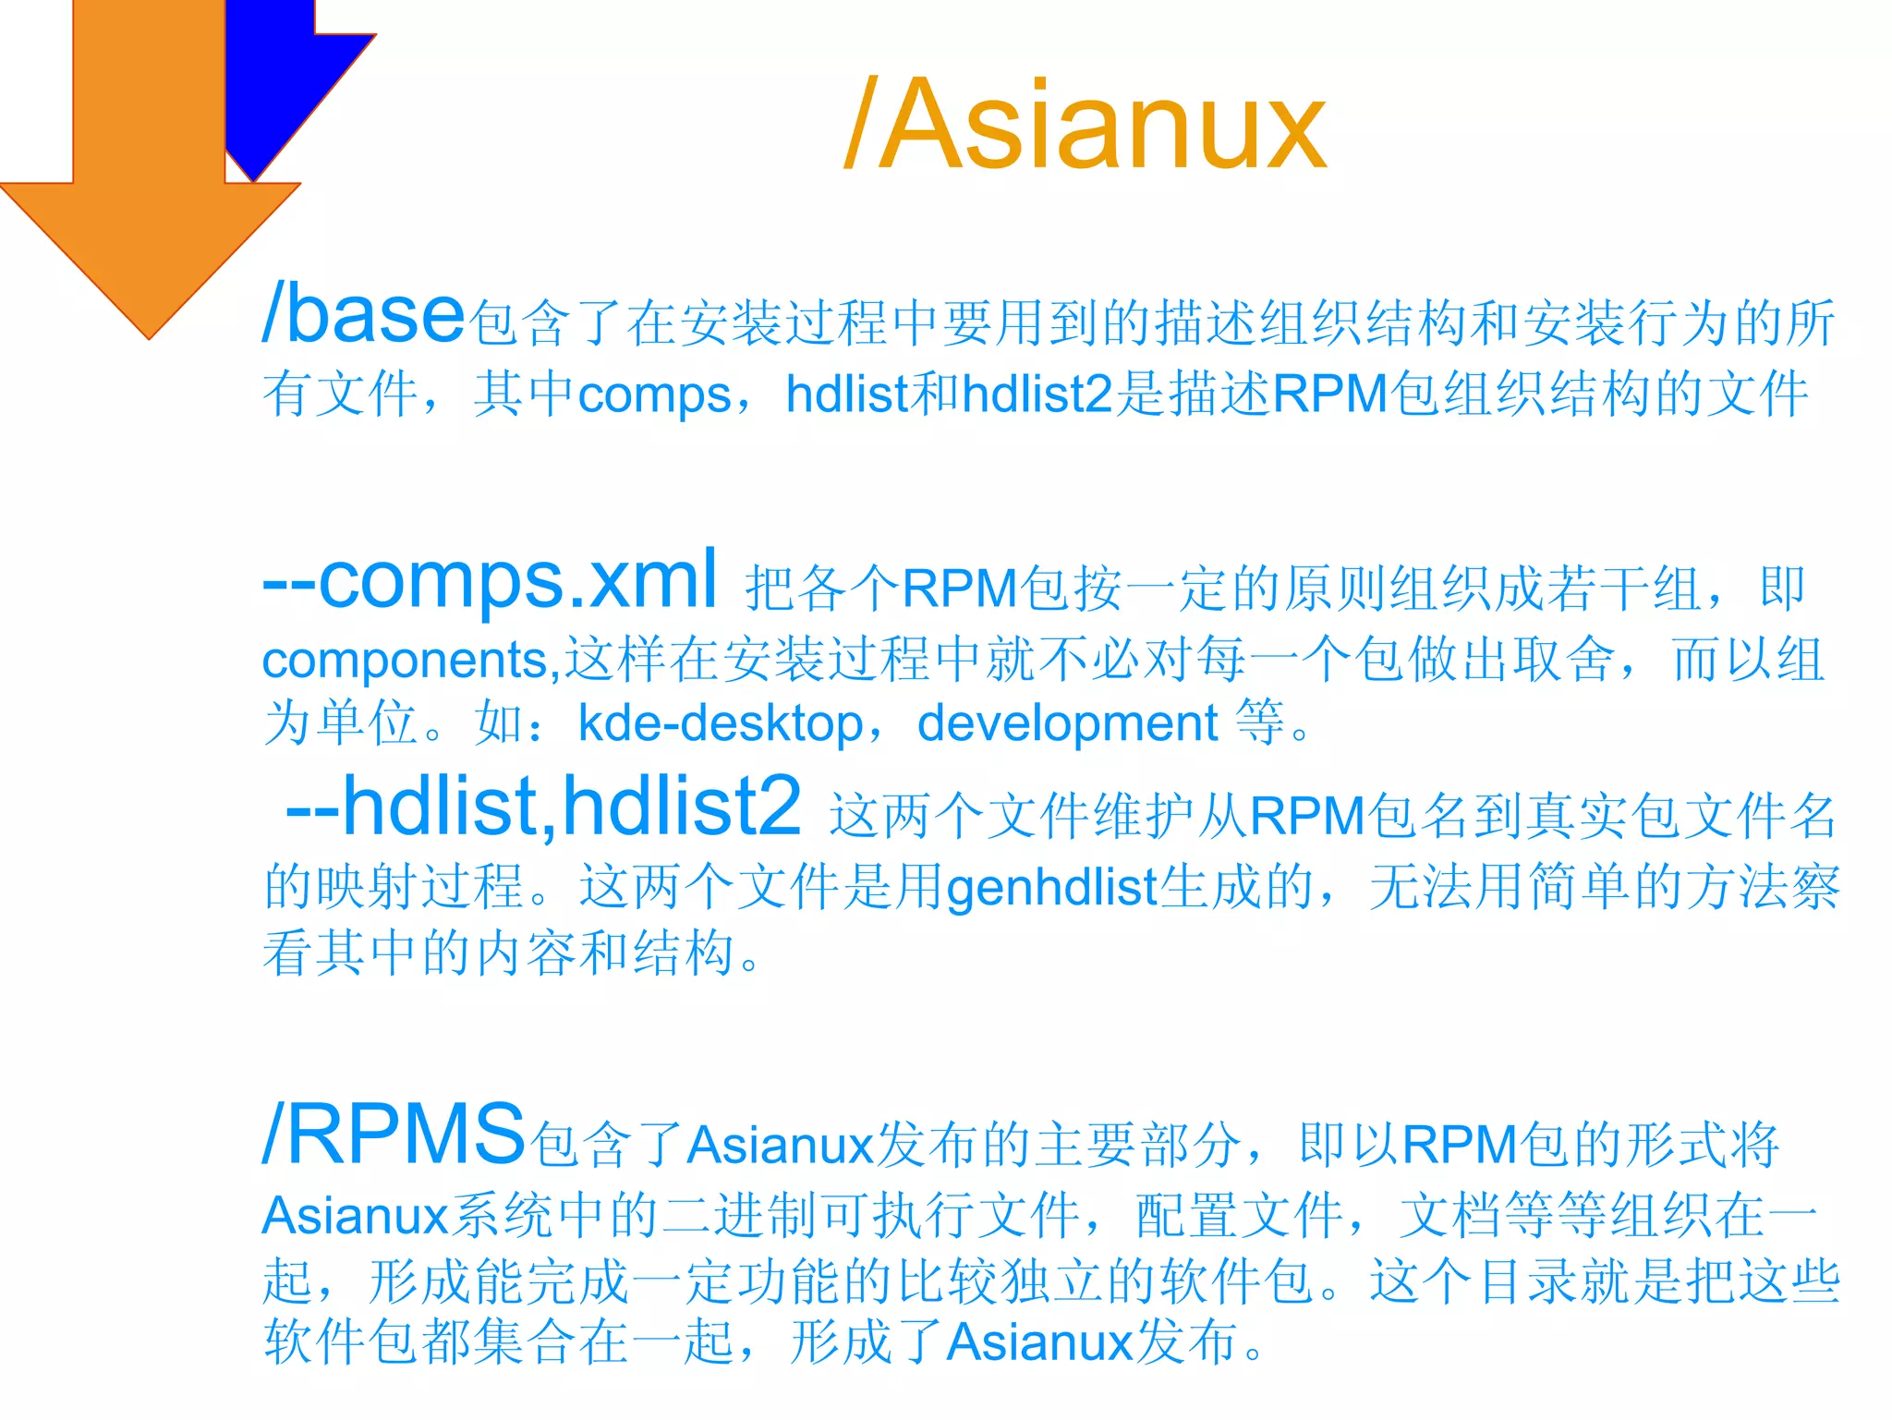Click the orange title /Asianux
pyautogui.click(x=1085, y=125)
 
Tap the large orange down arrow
pyautogui.click(x=148, y=185)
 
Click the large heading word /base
pyautogui.click(x=363, y=314)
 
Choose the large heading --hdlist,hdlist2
pyautogui.click(x=543, y=807)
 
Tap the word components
pyautogui.click(x=406, y=661)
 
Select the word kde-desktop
pyautogui.click(x=721, y=723)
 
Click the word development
pyautogui.click(x=1067, y=723)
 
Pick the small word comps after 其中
pyautogui.click(x=654, y=395)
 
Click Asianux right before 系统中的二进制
pyautogui.click(x=356, y=1216)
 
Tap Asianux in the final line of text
pyautogui.click(x=1040, y=1342)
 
